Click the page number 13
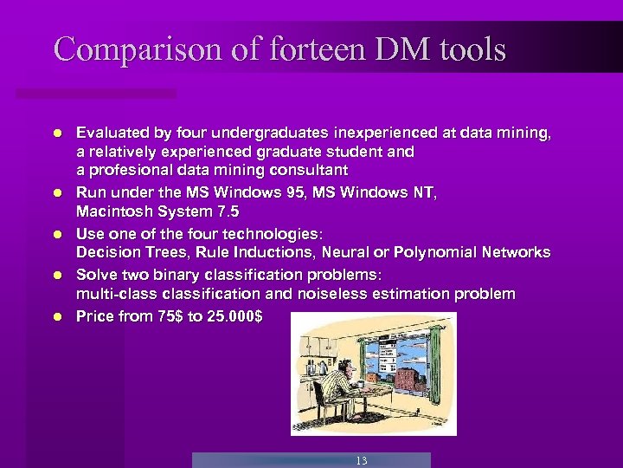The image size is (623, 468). point(361,460)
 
